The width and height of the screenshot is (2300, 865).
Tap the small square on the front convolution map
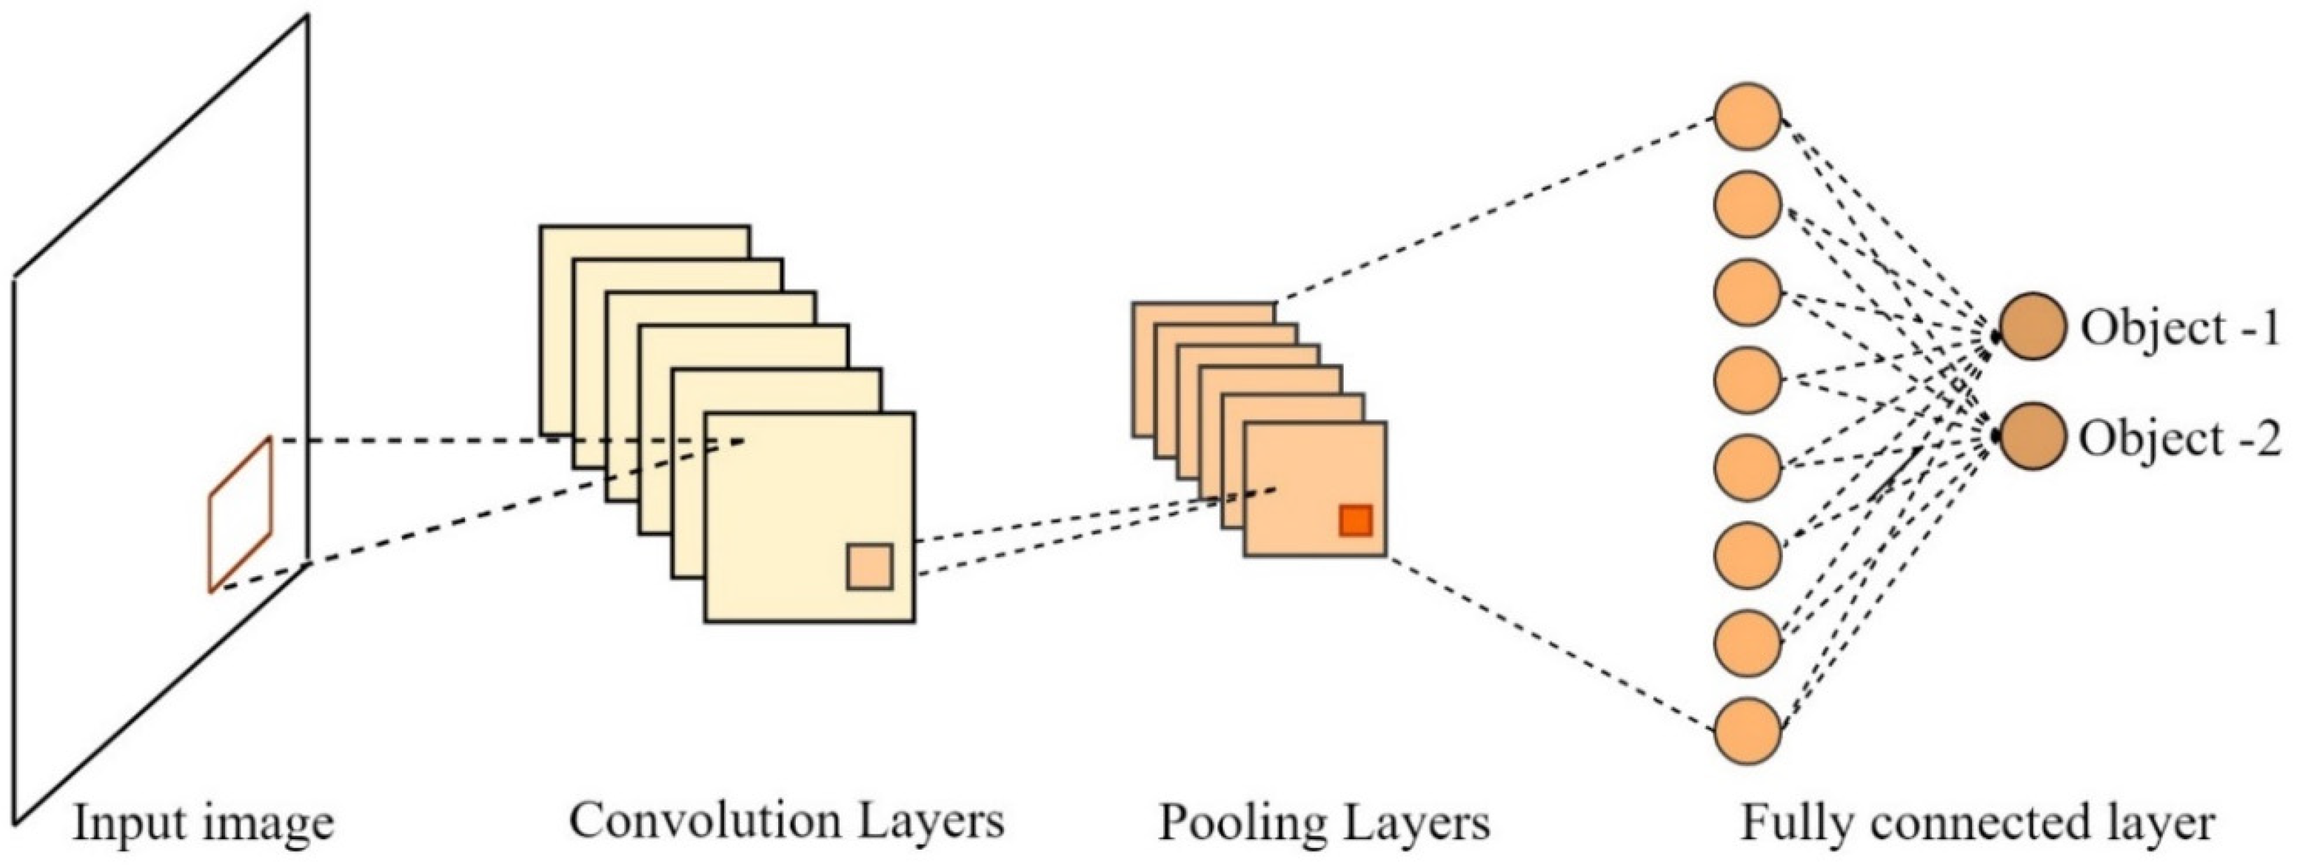(869, 566)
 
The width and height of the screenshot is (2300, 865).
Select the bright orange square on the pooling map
(1355, 520)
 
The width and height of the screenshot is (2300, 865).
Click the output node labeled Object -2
(2032, 436)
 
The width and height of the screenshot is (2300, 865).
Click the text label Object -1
(2180, 328)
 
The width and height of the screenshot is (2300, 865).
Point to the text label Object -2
(2180, 439)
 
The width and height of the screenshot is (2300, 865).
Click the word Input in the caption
(120, 823)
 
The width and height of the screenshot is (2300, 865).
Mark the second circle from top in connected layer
(1747, 205)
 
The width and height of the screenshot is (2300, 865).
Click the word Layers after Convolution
(931, 819)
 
